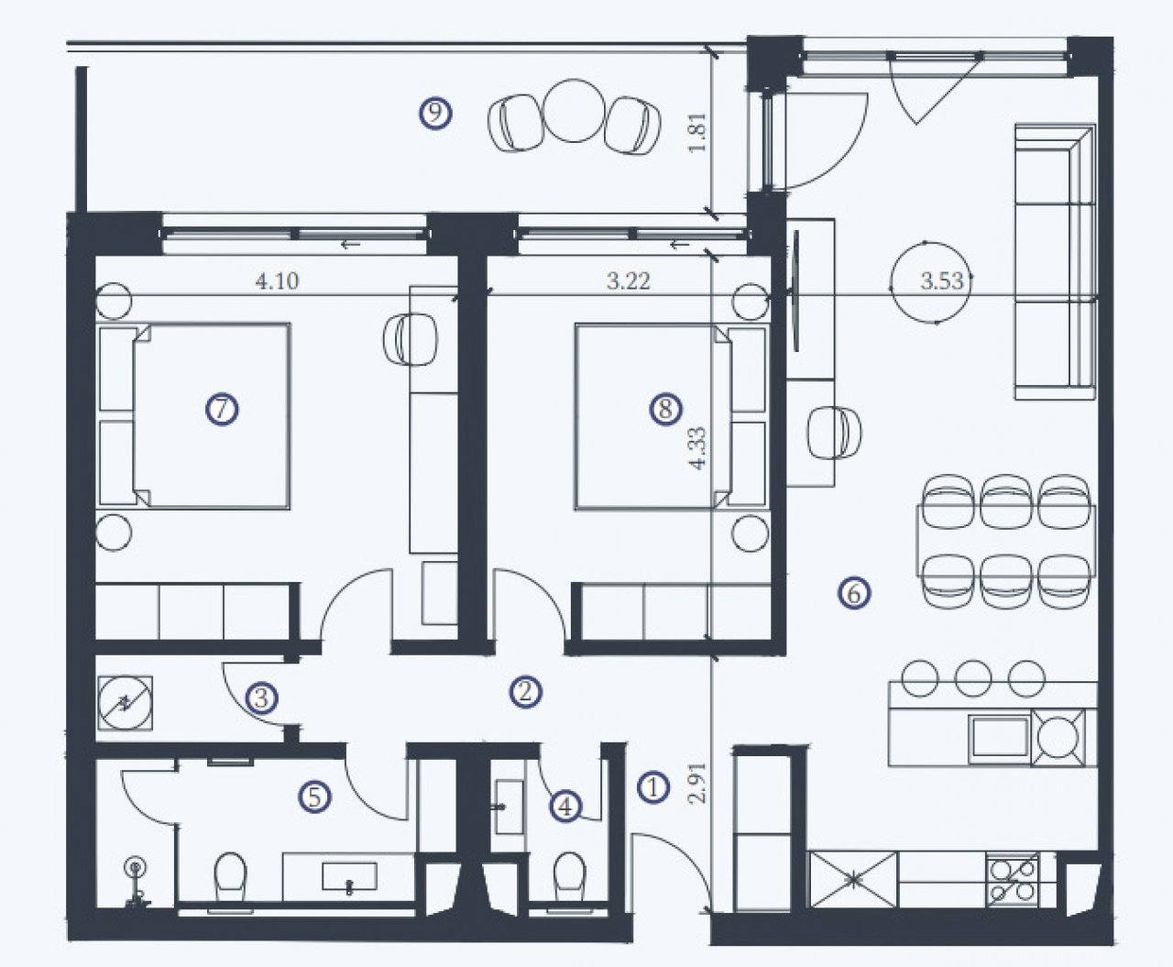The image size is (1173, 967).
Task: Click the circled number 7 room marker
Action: point(222,410)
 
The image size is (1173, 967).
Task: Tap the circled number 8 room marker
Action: point(665,409)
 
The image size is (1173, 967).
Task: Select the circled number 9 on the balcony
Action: point(435,114)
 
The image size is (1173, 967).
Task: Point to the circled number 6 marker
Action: point(854,593)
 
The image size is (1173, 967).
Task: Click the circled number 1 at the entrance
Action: point(652,787)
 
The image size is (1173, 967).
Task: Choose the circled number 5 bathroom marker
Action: point(314,797)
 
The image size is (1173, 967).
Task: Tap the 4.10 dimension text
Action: point(277,280)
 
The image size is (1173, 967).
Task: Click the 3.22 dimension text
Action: point(628,280)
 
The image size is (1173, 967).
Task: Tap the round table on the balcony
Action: point(574,111)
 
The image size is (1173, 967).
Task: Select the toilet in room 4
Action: point(570,877)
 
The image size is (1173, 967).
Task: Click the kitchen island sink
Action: point(1000,737)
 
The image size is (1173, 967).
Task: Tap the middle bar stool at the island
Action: point(973,678)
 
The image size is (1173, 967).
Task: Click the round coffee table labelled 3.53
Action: point(931,282)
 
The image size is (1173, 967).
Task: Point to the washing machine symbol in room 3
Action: point(126,703)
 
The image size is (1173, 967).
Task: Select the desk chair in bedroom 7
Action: point(411,339)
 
